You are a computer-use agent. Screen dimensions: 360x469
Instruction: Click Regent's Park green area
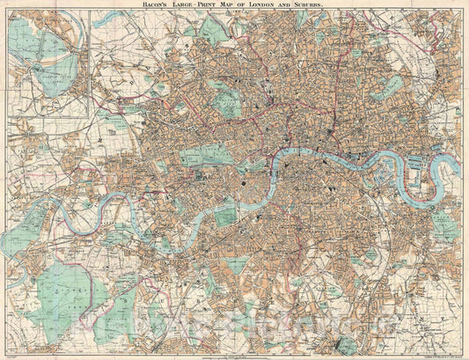pos(227,103)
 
